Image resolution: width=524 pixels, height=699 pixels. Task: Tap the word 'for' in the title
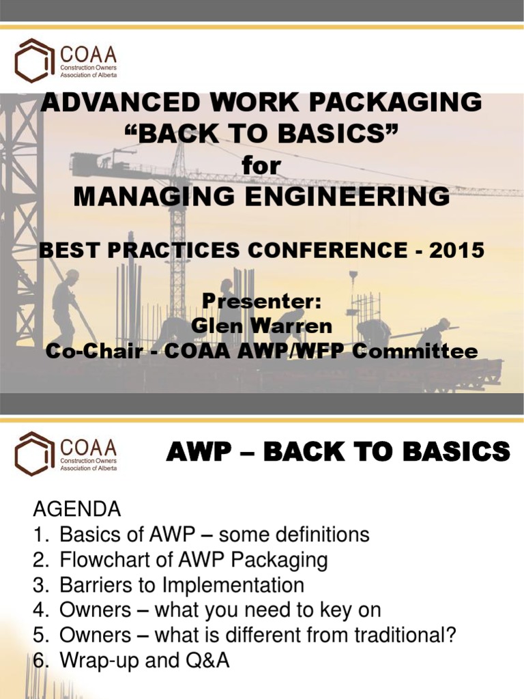tap(261, 165)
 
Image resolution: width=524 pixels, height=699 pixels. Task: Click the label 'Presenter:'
tap(261, 301)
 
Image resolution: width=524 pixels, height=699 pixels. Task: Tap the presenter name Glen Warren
tap(261, 326)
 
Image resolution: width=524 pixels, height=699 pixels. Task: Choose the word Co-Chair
tap(87, 351)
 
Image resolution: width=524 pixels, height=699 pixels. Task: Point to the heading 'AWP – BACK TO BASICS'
tap(338, 452)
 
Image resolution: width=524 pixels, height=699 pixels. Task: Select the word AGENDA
tap(77, 509)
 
